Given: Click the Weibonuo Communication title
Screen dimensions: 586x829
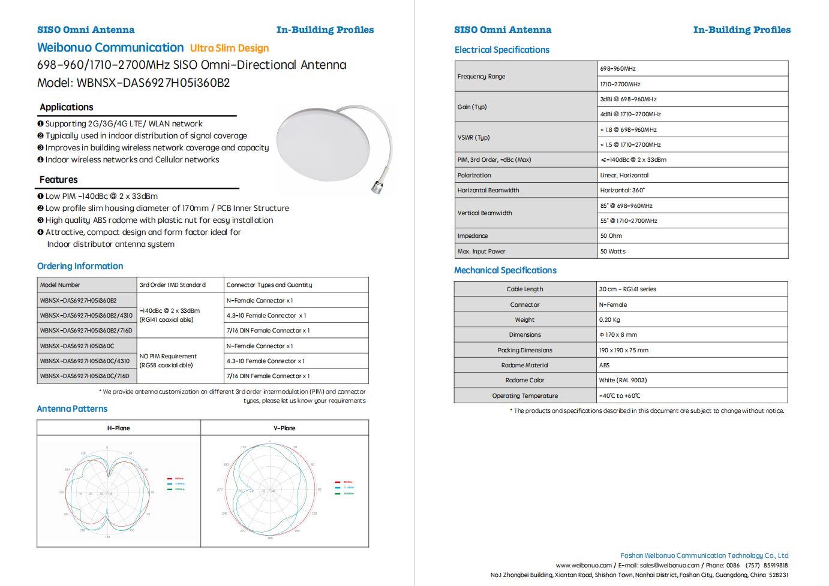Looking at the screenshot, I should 110,47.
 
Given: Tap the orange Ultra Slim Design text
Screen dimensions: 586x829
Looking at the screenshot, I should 229,48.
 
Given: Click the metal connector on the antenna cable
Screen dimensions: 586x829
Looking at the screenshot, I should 377,186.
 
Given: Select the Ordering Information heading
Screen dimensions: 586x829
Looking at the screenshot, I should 80,266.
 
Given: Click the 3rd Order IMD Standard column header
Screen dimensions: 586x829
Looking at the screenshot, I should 173,285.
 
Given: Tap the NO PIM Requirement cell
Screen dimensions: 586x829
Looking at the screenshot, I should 168,357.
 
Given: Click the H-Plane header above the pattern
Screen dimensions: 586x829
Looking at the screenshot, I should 118,428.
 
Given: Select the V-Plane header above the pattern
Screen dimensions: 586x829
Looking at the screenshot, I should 284,428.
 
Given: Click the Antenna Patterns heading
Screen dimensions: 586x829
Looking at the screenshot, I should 72,409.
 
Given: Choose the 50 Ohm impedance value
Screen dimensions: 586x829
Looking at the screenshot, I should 611,236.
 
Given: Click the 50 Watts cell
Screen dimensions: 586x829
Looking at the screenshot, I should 612,252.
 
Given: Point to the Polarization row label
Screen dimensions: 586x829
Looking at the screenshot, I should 474,176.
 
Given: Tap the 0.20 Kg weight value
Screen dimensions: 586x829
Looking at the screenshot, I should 609,320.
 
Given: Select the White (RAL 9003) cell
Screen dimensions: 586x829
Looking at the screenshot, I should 623,380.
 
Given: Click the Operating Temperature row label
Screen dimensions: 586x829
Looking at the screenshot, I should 525,396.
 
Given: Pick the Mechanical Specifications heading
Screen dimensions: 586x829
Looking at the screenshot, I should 505,270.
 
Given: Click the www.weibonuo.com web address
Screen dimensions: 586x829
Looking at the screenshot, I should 584,565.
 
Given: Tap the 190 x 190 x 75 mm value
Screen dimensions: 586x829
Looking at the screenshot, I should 623,351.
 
